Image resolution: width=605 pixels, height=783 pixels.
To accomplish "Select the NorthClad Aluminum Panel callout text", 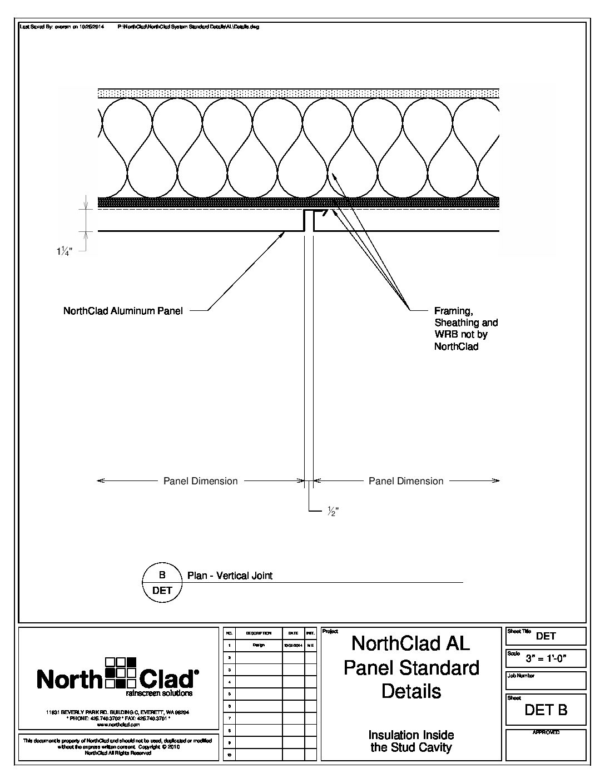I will click(123, 311).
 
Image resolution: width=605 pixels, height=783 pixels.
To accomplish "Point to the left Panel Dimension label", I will click(200, 481).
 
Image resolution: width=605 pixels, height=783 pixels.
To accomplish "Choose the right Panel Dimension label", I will click(406, 481).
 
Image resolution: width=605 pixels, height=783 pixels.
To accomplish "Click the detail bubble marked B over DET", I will click(162, 582).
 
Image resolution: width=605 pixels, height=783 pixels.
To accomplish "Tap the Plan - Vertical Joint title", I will click(230, 576).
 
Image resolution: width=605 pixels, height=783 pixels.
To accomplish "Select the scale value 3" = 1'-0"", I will click(554, 660).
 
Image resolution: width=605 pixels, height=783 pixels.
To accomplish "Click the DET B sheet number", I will click(546, 710).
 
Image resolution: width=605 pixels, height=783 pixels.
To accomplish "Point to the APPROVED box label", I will click(546, 733).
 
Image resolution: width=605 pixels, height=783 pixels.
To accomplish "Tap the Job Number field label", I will click(521, 676).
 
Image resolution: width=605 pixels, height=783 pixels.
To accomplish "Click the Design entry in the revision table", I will click(259, 645).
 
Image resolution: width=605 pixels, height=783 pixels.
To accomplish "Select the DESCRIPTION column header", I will click(259, 633).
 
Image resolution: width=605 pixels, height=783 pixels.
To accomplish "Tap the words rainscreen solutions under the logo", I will click(159, 693).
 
